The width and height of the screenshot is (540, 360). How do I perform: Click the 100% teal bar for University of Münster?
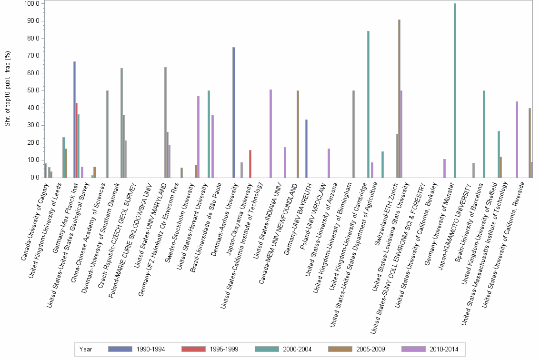[x=455, y=90]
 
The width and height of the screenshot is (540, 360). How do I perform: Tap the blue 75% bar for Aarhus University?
[x=234, y=112]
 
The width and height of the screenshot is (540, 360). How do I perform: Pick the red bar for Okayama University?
[x=250, y=164]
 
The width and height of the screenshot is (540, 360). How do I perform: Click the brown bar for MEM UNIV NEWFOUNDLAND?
[x=298, y=134]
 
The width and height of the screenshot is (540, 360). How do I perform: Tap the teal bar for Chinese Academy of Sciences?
[x=107, y=134]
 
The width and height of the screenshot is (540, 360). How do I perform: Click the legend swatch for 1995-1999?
[x=195, y=349]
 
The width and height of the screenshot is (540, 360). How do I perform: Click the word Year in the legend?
[x=86, y=349]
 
